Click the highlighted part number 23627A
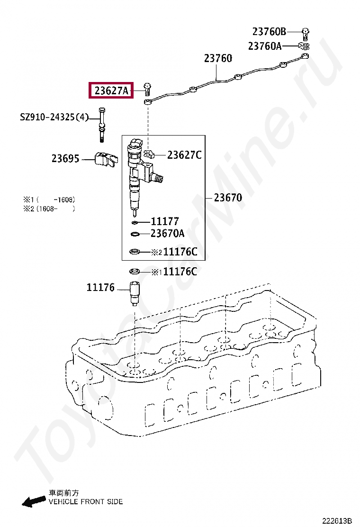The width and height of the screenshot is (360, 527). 111,90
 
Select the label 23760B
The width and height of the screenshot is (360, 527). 269,32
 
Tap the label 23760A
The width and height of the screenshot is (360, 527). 265,46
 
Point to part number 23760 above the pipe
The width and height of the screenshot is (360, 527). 218,59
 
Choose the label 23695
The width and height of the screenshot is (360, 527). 65,159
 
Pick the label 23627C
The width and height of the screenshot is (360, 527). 184,154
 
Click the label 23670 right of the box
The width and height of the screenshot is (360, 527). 228,198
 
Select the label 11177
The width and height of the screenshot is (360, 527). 165,221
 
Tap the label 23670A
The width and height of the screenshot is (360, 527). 168,234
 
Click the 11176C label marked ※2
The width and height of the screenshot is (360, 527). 180,252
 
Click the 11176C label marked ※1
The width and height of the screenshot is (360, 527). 180,272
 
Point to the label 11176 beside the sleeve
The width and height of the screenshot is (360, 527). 100,287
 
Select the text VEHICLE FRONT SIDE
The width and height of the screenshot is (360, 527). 86,501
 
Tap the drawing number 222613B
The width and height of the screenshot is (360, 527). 337,521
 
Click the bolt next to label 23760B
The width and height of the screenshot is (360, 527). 306,33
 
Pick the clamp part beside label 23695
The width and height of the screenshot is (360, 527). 105,161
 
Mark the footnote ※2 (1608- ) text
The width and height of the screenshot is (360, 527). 49,208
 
